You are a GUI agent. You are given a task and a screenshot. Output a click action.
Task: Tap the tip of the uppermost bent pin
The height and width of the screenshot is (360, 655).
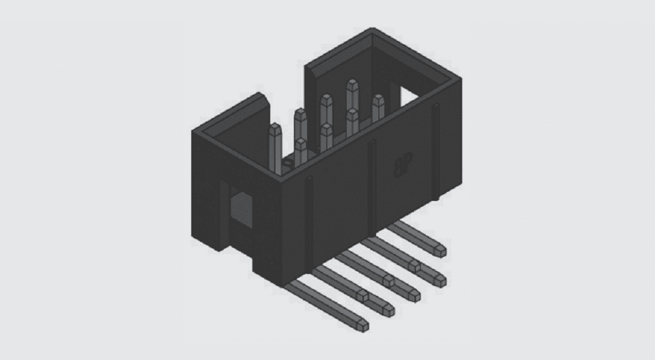pyautogui.click(x=439, y=251)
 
